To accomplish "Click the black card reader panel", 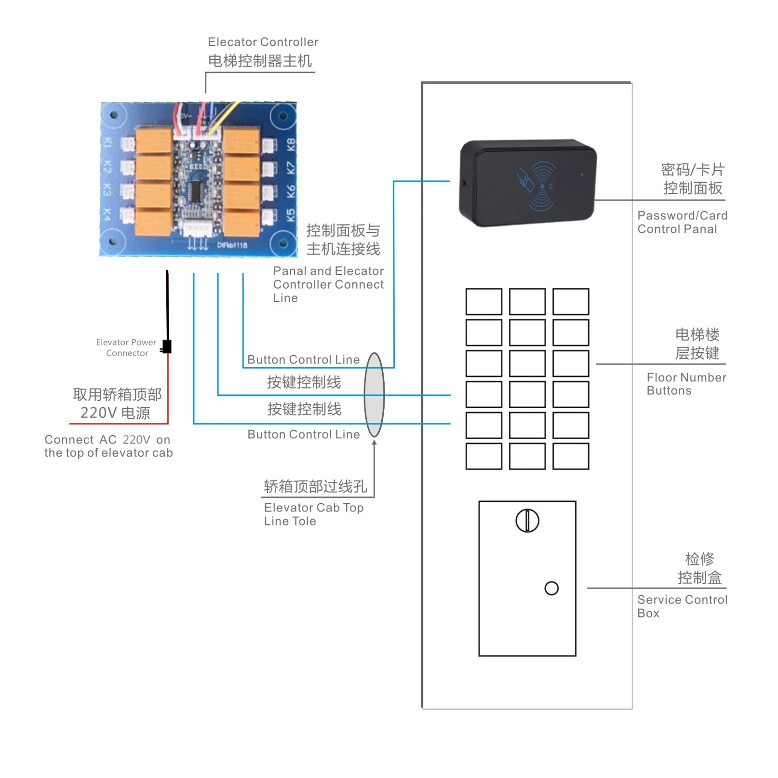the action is coord(528,183).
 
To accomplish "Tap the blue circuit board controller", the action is coord(198,179).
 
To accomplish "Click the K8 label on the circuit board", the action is coord(291,144).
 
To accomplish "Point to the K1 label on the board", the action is coord(107,143).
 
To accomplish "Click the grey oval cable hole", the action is coord(375,395).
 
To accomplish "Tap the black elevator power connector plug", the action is coord(167,346).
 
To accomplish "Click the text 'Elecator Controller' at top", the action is coord(263,42).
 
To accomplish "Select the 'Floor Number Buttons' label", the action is coord(686,384).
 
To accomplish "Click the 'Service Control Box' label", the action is coord(682,606).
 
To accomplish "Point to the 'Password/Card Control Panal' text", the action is coord(682,222).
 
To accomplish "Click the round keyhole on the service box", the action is coord(527,521).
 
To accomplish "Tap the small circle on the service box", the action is coord(551,588).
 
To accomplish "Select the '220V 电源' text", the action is coord(115,413).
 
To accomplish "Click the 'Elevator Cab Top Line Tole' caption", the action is coord(313,514).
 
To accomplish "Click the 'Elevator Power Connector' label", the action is coord(126,348).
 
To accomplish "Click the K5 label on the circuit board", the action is coord(291,215).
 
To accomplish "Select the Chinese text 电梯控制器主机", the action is coord(260,61).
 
